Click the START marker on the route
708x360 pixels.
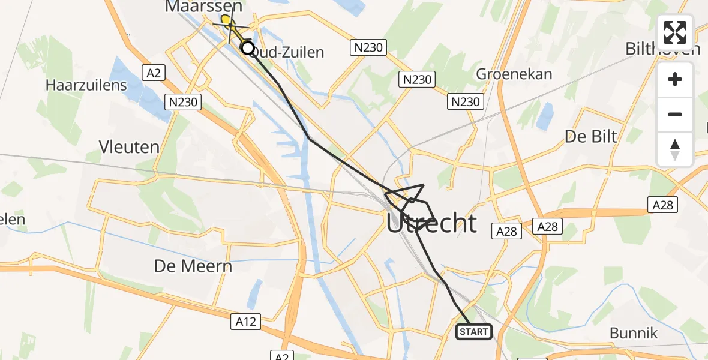(x=475, y=331)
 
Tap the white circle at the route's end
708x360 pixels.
(x=247, y=48)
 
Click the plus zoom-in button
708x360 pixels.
(x=675, y=79)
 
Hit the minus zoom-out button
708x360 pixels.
(x=675, y=114)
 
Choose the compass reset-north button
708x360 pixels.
(x=675, y=149)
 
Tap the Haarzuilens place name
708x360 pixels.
(x=86, y=85)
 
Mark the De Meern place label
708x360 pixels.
(x=193, y=266)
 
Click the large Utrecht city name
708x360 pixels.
(x=431, y=224)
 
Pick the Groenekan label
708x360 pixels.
(x=514, y=74)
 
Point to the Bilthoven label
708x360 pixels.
(x=662, y=49)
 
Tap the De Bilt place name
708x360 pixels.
(x=591, y=136)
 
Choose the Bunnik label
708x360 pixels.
(x=634, y=333)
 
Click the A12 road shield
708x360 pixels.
(x=245, y=322)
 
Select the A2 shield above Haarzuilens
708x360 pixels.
(x=153, y=73)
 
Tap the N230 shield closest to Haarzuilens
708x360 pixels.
(x=182, y=102)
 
